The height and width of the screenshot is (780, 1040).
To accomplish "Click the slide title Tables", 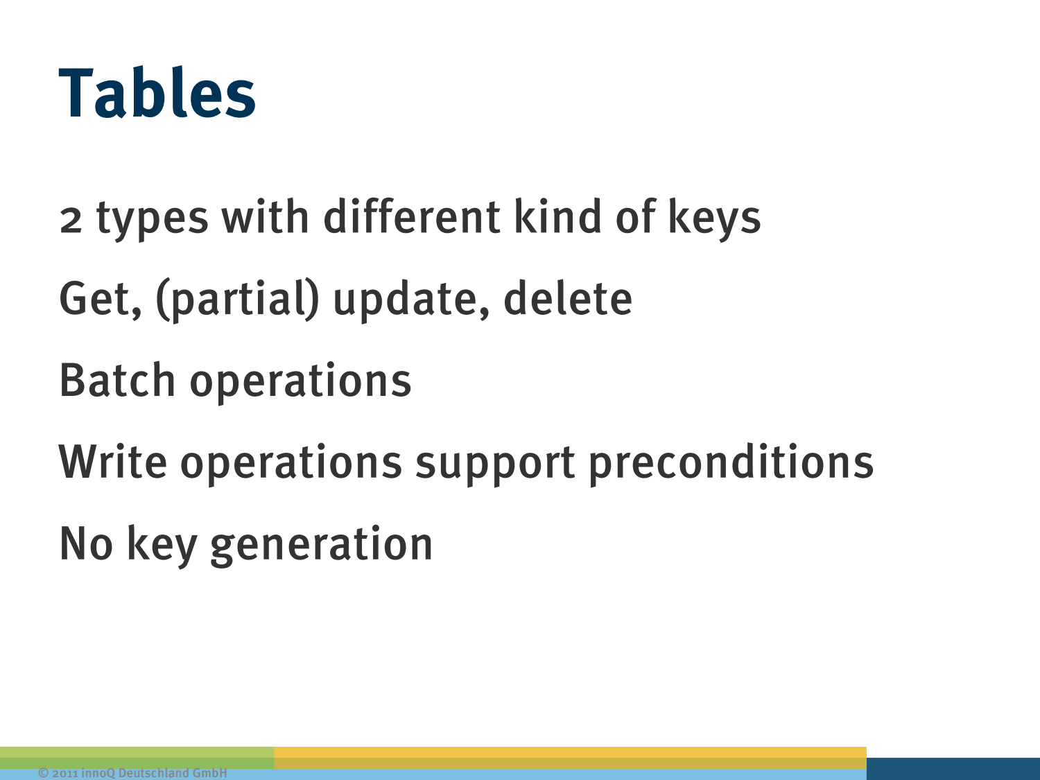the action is (157, 92).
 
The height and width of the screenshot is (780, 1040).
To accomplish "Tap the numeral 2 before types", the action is (71, 220).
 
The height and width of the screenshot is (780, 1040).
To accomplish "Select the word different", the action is (411, 216).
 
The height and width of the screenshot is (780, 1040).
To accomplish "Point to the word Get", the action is (100, 299).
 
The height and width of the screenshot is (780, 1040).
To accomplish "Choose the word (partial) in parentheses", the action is (237, 300).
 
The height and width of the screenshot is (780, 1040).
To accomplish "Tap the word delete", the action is (568, 298).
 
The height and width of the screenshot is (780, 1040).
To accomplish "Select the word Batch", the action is (117, 379).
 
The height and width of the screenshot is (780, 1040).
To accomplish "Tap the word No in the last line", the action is (86, 544).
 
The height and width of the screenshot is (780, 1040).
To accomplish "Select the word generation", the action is (322, 546).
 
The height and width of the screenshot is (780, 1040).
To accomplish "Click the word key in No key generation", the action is (162, 546).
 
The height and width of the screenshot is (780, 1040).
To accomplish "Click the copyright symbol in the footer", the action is (43, 773).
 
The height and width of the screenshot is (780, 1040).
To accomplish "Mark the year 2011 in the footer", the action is (65, 773).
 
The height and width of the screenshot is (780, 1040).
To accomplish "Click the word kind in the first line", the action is (558, 216).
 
